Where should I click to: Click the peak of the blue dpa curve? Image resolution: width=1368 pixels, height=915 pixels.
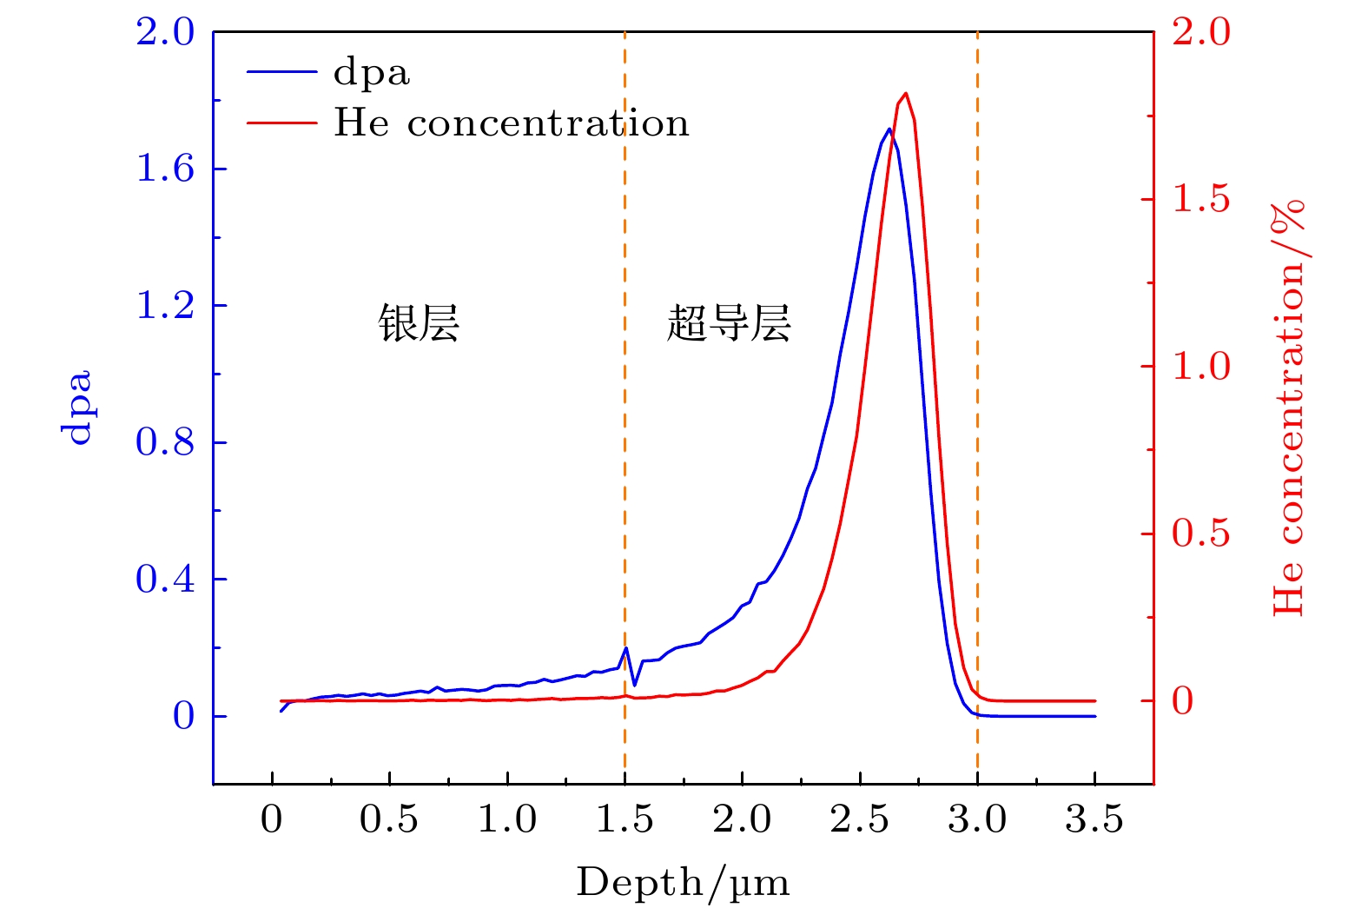(x=889, y=129)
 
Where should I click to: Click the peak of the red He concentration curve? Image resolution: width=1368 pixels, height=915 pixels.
(x=906, y=93)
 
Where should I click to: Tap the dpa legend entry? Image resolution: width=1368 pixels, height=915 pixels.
(x=371, y=72)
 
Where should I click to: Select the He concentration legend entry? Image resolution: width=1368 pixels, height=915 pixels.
(x=512, y=123)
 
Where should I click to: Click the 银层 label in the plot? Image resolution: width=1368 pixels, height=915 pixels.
(x=418, y=323)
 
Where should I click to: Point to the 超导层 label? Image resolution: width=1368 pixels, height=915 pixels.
(x=728, y=323)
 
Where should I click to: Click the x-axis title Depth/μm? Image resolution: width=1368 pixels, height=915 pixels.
(x=683, y=883)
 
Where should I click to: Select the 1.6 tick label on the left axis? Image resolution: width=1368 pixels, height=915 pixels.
(x=165, y=169)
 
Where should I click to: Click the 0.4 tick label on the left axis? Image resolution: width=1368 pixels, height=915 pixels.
(x=165, y=579)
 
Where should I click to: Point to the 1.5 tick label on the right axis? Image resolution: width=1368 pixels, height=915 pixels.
(x=1201, y=199)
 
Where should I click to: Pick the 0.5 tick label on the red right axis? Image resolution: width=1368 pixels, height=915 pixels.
(x=1201, y=534)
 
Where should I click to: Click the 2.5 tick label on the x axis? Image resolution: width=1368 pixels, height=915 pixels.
(x=859, y=819)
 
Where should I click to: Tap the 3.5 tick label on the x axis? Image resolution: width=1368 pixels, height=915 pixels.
(x=1094, y=819)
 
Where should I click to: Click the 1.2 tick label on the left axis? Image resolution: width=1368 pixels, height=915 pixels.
(x=165, y=306)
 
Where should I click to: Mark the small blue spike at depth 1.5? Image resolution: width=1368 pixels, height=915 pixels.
(x=625, y=648)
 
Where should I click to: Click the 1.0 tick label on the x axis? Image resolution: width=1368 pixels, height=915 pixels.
(x=507, y=819)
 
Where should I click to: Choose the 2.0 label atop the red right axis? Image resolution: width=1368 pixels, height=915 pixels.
(x=1201, y=33)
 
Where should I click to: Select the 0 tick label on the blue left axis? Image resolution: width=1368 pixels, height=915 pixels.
(x=183, y=717)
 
